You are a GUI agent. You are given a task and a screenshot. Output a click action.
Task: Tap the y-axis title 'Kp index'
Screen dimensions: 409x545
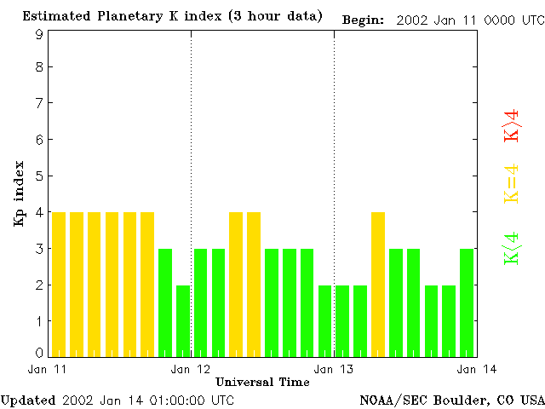click(18, 193)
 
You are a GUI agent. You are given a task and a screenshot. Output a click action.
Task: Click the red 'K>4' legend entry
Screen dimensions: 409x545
click(511, 125)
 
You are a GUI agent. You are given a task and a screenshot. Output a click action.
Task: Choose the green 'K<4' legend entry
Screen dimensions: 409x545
click(511, 249)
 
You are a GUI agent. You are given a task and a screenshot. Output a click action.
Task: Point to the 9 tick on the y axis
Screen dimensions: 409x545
click(39, 34)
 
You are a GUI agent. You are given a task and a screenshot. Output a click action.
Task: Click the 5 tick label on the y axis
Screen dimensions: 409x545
click(39, 176)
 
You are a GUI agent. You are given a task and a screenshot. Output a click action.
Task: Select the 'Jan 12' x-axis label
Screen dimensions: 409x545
click(191, 369)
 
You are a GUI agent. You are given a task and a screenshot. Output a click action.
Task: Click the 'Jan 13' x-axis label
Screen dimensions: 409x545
click(334, 369)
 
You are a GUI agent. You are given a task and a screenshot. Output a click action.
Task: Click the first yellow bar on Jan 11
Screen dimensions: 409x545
click(59, 284)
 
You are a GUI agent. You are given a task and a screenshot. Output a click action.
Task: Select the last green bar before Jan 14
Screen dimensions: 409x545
click(467, 302)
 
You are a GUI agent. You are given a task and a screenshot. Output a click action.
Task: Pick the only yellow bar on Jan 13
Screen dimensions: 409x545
click(378, 284)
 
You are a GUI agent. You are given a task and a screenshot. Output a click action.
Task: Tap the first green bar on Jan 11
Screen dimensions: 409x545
click(165, 302)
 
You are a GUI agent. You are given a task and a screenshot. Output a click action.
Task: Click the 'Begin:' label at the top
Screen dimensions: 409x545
click(363, 19)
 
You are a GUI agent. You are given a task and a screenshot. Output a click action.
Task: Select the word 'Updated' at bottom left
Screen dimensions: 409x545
click(28, 400)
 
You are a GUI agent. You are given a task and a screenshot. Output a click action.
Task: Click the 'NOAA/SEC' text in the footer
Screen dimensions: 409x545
click(389, 400)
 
